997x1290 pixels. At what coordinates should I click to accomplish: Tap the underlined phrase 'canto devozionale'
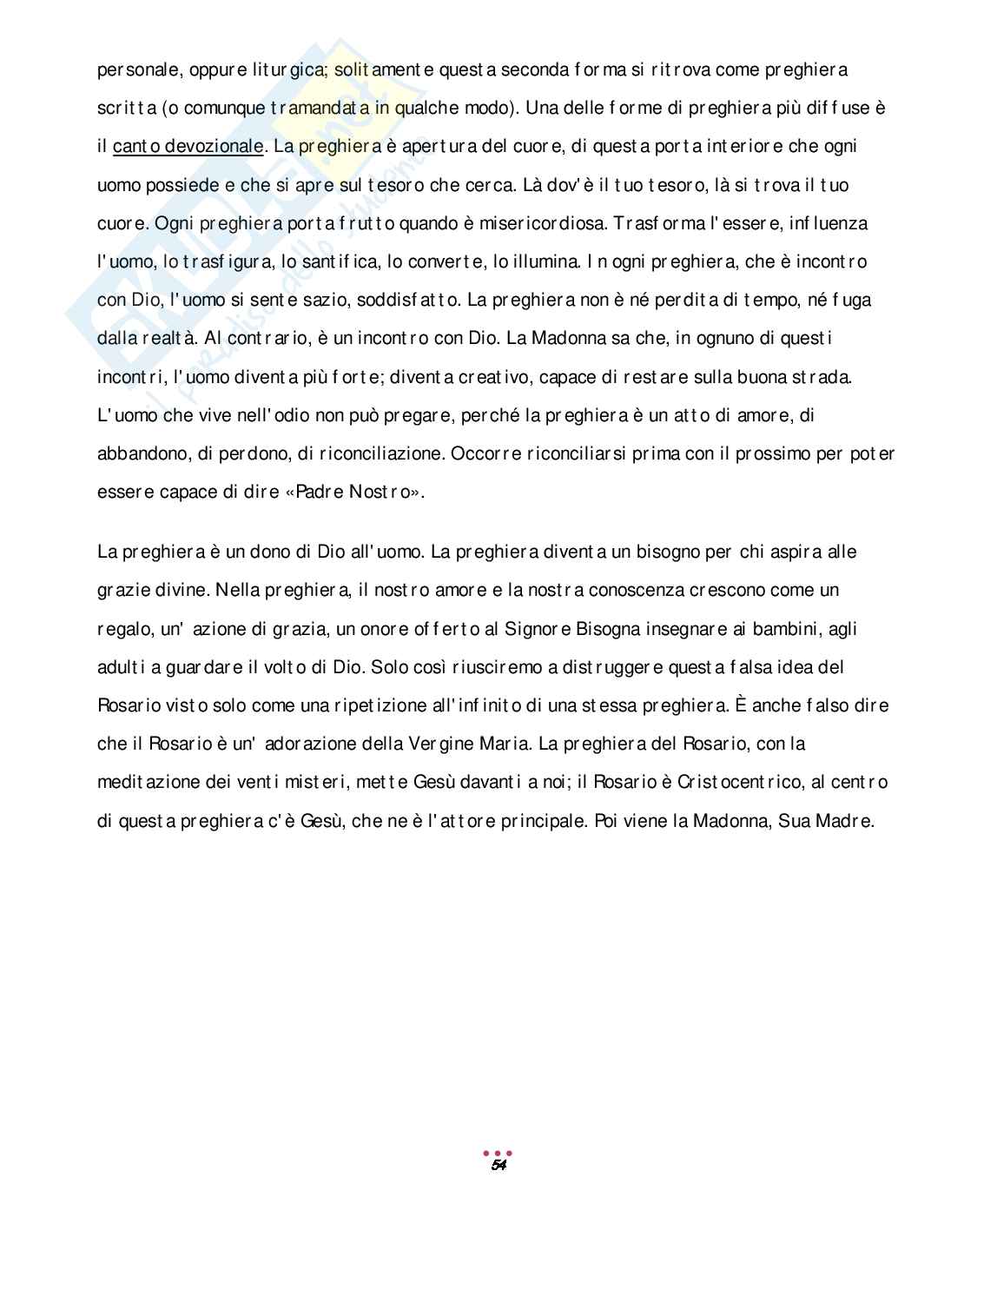point(187,146)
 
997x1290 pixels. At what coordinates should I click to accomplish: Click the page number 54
point(498,1165)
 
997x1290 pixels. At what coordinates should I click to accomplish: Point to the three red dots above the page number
point(498,1153)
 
